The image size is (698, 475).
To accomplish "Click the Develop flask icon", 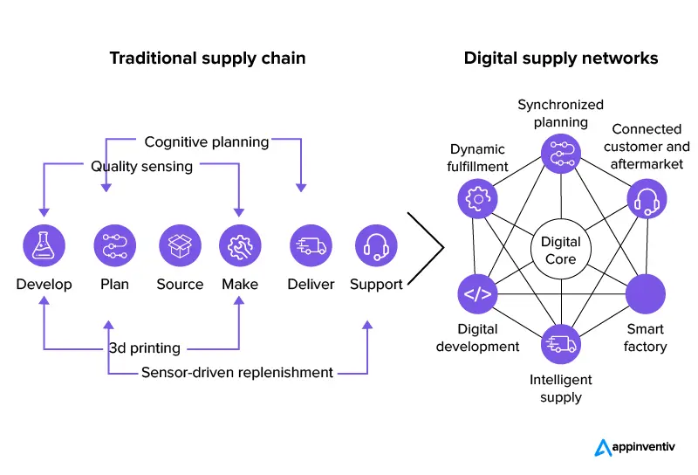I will tap(44, 246).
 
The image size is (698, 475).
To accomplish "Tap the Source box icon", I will tap(180, 246).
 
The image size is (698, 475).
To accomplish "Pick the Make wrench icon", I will tap(240, 246).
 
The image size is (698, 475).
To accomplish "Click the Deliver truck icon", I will tap(311, 246).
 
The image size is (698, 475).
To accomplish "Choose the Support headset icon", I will tap(376, 246).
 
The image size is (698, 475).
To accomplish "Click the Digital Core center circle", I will tap(560, 251).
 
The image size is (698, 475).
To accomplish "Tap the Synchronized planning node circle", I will tap(560, 152).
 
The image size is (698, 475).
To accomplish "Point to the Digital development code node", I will tap(476, 294).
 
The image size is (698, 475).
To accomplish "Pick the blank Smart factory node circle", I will tap(646, 294).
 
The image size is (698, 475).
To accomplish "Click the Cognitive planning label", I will tap(206, 141).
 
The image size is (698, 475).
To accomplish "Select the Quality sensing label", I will tap(141, 166).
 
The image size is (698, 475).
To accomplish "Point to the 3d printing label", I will tap(144, 348).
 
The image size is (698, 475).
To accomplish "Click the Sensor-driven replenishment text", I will tap(236, 373).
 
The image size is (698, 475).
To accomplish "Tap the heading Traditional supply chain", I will tap(208, 59).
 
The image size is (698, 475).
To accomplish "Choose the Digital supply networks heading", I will tap(561, 59).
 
